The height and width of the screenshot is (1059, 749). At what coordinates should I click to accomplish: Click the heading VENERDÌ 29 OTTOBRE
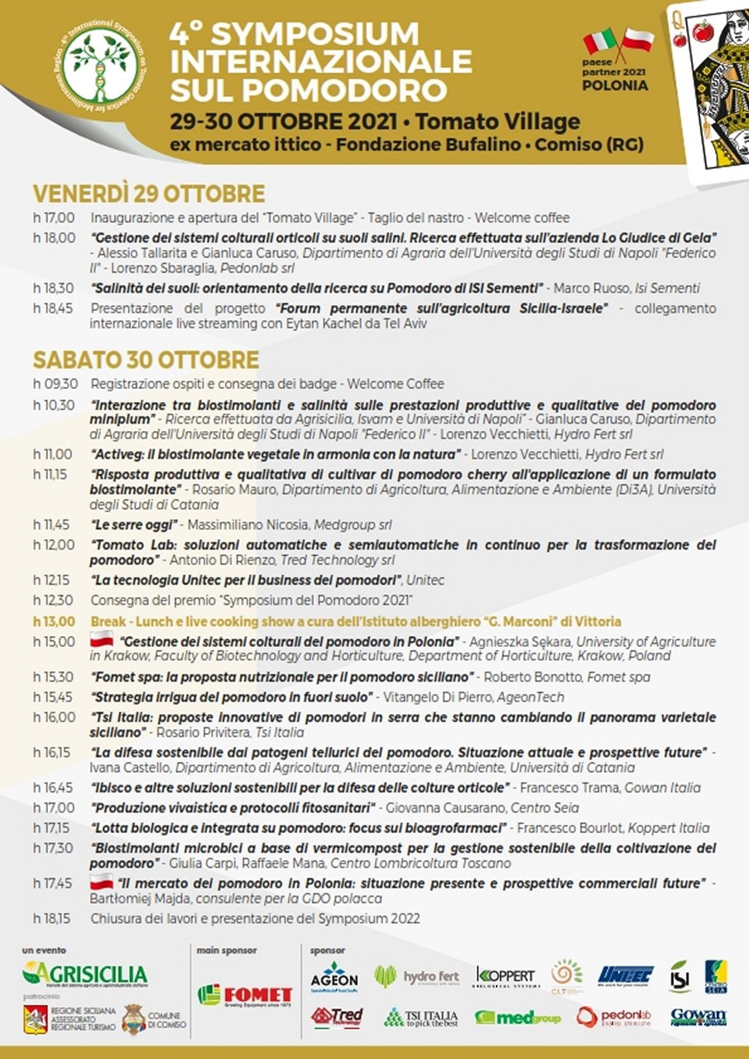click(149, 194)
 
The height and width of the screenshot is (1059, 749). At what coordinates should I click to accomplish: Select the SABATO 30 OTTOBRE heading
click(146, 360)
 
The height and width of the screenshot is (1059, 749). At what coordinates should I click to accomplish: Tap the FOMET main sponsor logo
click(245, 995)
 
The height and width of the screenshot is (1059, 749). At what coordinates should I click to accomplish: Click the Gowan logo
click(698, 1017)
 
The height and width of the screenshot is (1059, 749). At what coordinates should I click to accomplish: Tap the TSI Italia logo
click(420, 1017)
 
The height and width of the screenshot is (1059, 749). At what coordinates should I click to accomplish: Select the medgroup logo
click(517, 1018)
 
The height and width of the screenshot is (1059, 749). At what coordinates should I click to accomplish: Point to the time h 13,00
click(54, 621)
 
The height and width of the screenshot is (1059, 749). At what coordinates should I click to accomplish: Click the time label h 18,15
click(54, 918)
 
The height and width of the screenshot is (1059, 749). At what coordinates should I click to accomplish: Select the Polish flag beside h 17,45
click(101, 883)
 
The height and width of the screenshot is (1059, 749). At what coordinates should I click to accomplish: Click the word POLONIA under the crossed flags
click(616, 85)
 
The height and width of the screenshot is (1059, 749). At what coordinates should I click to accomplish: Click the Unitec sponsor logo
click(626, 975)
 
